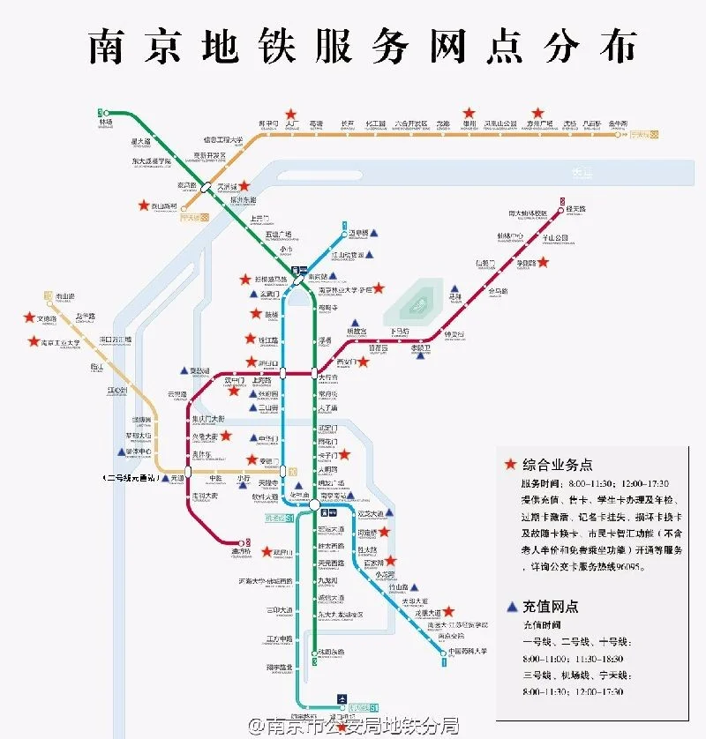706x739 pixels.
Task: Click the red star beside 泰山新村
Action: coord(143,205)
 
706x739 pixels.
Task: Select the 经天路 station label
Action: coord(576,208)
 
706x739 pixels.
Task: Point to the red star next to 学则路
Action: coord(544,262)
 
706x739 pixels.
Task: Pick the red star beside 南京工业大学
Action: coord(34,341)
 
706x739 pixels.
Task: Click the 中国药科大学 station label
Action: coord(468,653)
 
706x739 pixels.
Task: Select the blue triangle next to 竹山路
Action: coord(413,586)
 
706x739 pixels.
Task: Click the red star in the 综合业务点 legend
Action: coord(509,465)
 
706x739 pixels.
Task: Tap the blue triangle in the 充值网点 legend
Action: coord(511,607)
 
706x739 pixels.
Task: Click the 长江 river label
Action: coord(582,172)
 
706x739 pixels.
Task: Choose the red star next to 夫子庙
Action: coord(345,455)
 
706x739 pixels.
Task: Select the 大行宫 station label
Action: coord(328,377)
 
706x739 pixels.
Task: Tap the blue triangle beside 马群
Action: coord(455,288)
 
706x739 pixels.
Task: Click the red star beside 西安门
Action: coord(362,362)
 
